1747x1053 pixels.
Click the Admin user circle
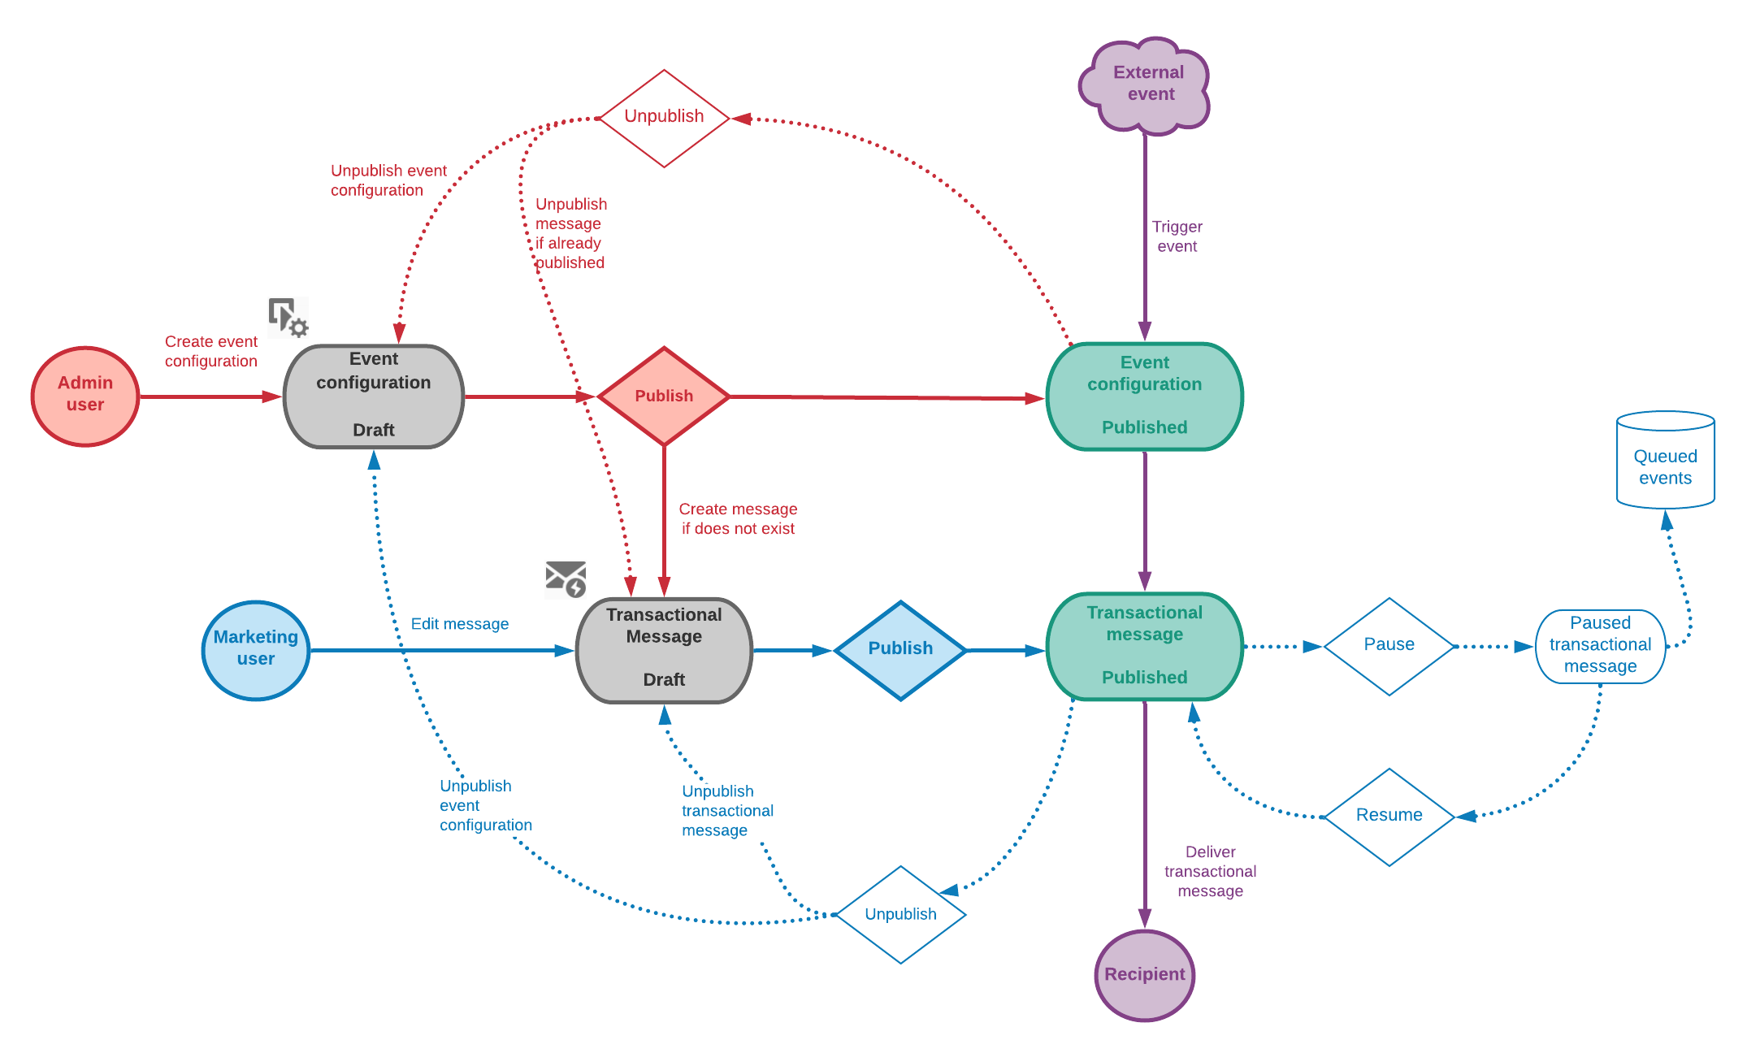[85, 396]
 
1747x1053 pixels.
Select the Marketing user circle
[256, 650]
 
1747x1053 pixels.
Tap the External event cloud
[1146, 84]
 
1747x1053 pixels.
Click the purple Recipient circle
[1144, 975]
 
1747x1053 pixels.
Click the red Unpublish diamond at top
[664, 118]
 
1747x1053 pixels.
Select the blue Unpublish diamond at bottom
[900, 915]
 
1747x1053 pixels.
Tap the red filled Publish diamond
[664, 396]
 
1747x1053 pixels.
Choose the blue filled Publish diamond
[900, 650]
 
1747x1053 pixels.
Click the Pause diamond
[1389, 646]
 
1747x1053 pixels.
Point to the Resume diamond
[1389, 817]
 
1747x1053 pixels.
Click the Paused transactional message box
[1600, 646]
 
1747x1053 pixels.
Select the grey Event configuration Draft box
[374, 396]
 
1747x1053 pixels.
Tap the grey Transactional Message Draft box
[664, 650]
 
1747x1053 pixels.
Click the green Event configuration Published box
[1144, 396]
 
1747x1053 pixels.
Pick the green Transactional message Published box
[1144, 646]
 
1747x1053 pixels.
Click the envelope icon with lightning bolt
[566, 578]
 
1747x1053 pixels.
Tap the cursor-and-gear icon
[288, 317]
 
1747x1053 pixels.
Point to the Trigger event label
[1177, 236]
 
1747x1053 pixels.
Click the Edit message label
[460, 624]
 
